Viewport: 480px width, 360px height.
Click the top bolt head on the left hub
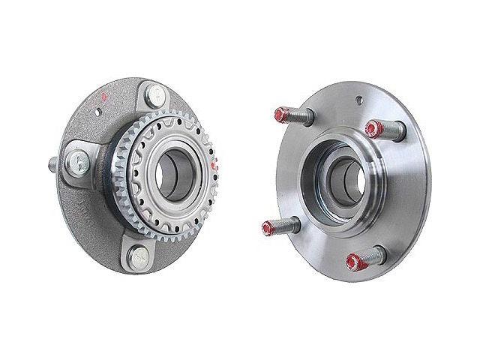click(x=157, y=95)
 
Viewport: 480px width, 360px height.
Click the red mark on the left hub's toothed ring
click(x=215, y=163)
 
